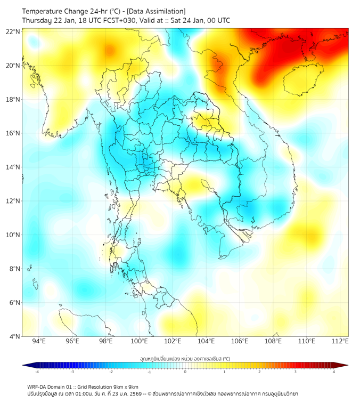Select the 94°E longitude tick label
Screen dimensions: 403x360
(x=39, y=341)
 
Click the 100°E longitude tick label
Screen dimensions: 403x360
(x=139, y=341)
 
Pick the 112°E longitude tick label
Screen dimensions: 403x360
(x=340, y=341)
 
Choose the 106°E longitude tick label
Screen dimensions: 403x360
(x=240, y=341)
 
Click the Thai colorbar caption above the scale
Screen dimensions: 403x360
(x=185, y=359)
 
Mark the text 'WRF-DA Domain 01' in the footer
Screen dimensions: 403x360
(x=49, y=386)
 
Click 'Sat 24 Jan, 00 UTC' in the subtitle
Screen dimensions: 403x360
(x=203, y=20)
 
